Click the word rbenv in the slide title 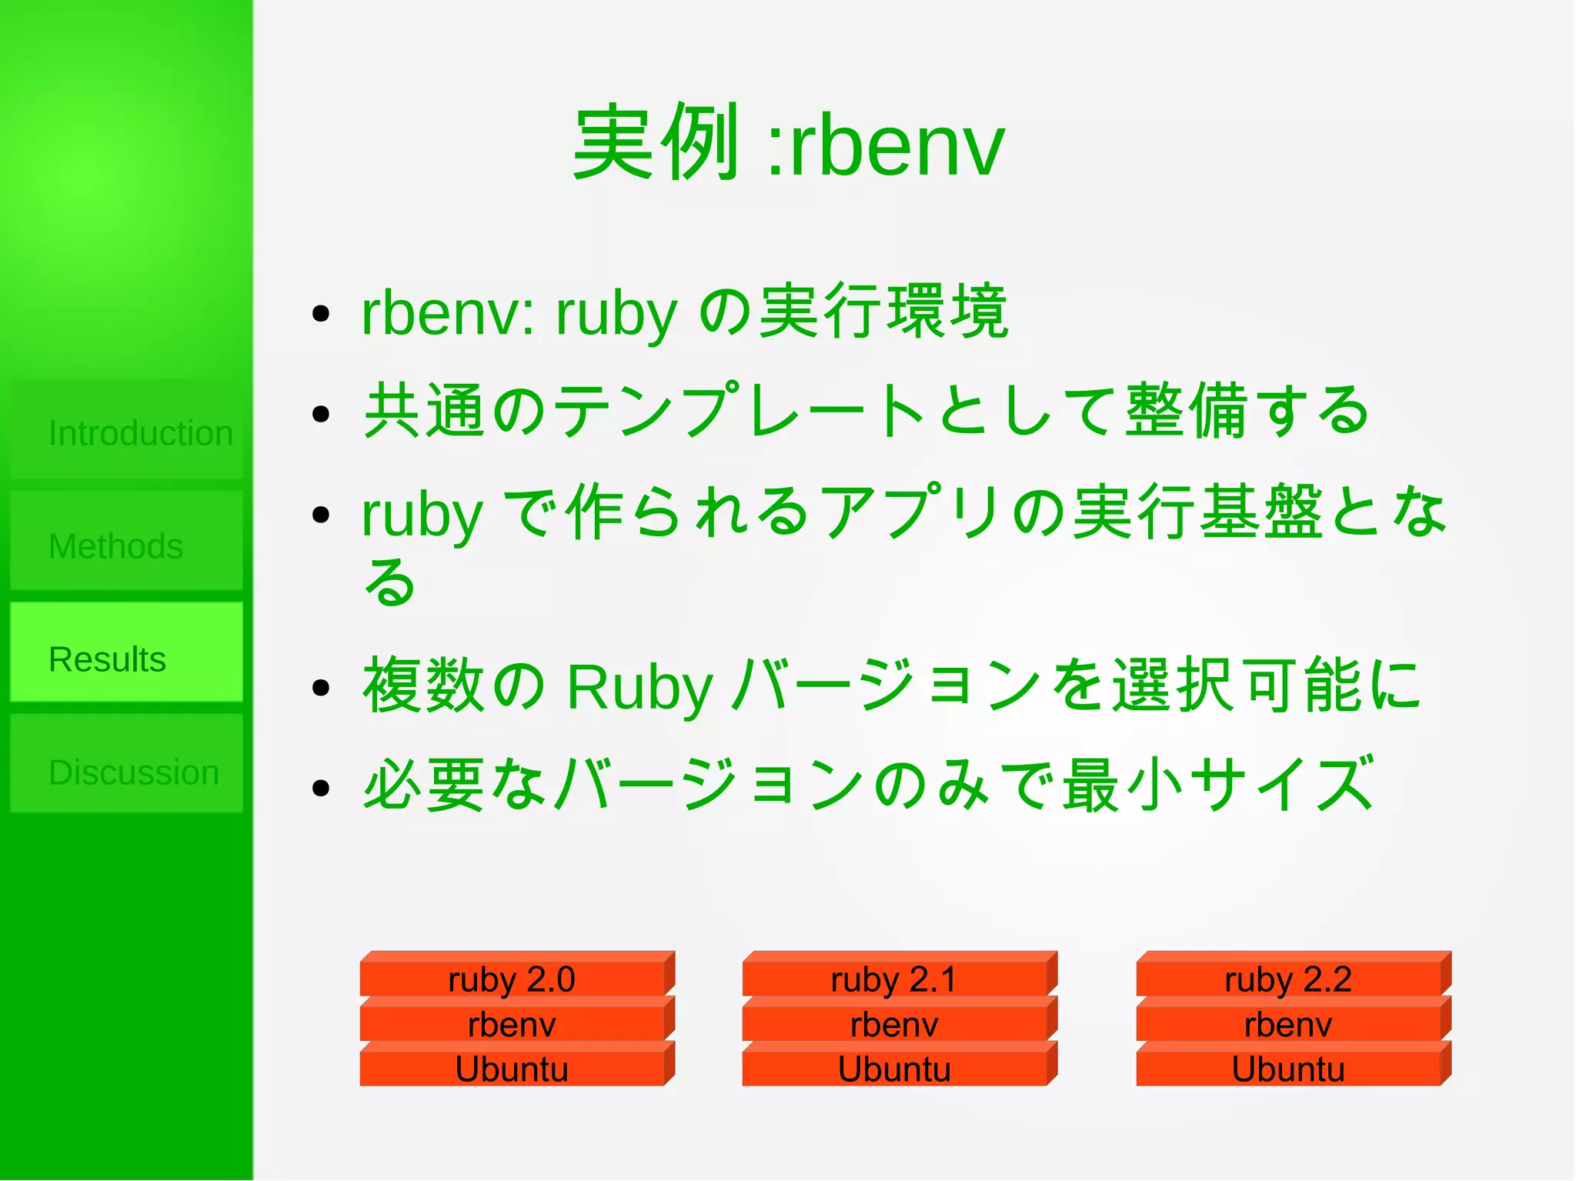click(x=897, y=146)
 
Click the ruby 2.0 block click(x=512, y=979)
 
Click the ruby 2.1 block click(x=894, y=979)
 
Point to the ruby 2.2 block click(x=1288, y=979)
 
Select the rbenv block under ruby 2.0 click(x=512, y=1025)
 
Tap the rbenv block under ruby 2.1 click(x=894, y=1025)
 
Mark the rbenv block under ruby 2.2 click(x=1288, y=1025)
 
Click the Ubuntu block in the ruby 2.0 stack click(x=512, y=1069)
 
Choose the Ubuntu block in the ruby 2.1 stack click(x=894, y=1069)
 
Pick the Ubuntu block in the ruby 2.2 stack click(x=1288, y=1069)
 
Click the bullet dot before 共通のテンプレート click(x=321, y=414)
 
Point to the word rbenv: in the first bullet click(x=447, y=314)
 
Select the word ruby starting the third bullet click(x=422, y=516)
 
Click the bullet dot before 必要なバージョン click(x=321, y=788)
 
